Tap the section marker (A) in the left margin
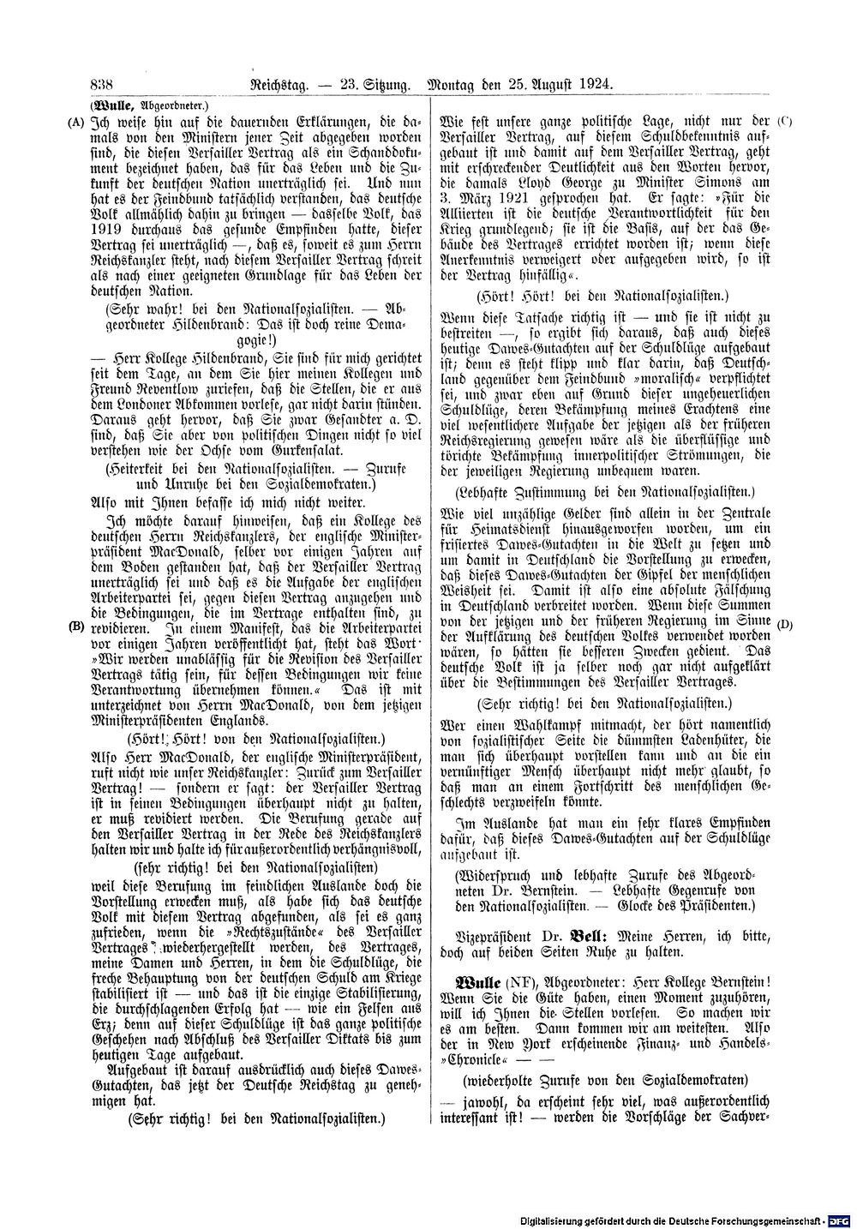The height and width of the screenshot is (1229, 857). coord(75,122)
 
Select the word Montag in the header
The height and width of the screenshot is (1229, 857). coord(458,84)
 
